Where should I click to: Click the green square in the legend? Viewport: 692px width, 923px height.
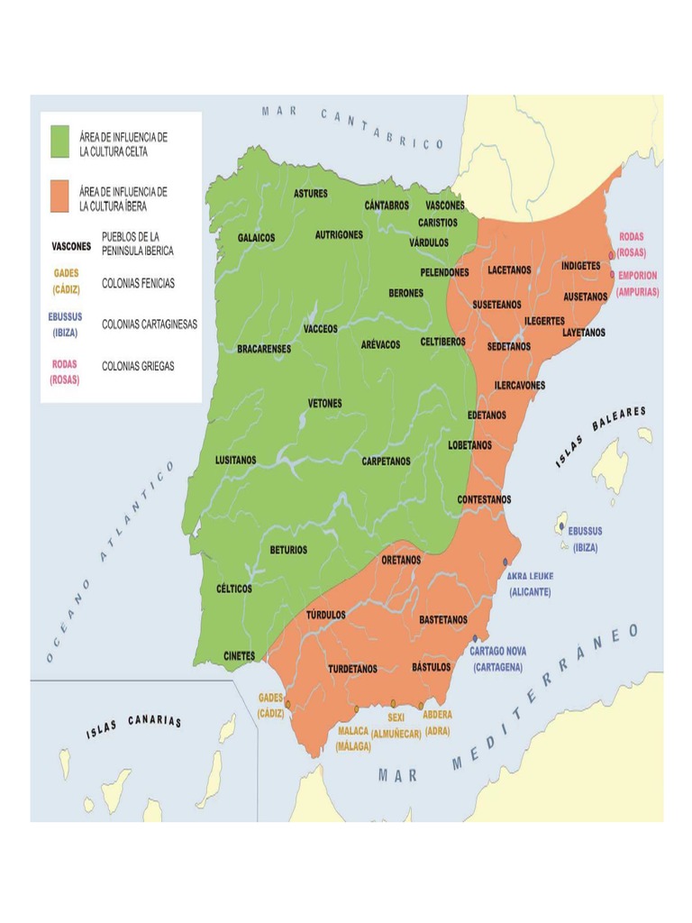(x=59, y=142)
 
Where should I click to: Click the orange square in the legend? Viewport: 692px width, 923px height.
(x=59, y=197)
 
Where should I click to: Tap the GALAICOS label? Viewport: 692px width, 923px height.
(x=256, y=238)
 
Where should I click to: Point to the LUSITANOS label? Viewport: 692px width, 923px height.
(x=235, y=460)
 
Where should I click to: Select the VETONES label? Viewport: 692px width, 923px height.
(x=324, y=403)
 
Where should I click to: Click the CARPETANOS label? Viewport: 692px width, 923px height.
(x=386, y=461)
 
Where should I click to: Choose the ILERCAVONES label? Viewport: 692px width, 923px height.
(x=519, y=385)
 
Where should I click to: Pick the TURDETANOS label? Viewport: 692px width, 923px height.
(x=352, y=669)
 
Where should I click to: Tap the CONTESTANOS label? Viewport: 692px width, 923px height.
(x=484, y=499)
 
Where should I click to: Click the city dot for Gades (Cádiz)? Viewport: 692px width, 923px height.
(x=287, y=705)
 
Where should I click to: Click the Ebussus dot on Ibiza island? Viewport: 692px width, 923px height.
(x=561, y=526)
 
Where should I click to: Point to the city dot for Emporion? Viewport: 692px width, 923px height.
(x=612, y=275)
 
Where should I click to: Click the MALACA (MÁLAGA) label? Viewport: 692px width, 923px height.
(x=353, y=739)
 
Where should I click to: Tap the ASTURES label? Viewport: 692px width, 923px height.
(x=311, y=194)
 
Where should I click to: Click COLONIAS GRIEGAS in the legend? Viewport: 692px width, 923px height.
(x=138, y=367)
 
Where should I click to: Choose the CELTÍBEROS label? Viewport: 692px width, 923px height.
(x=442, y=343)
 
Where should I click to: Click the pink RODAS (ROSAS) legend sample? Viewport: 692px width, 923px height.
(x=64, y=372)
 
